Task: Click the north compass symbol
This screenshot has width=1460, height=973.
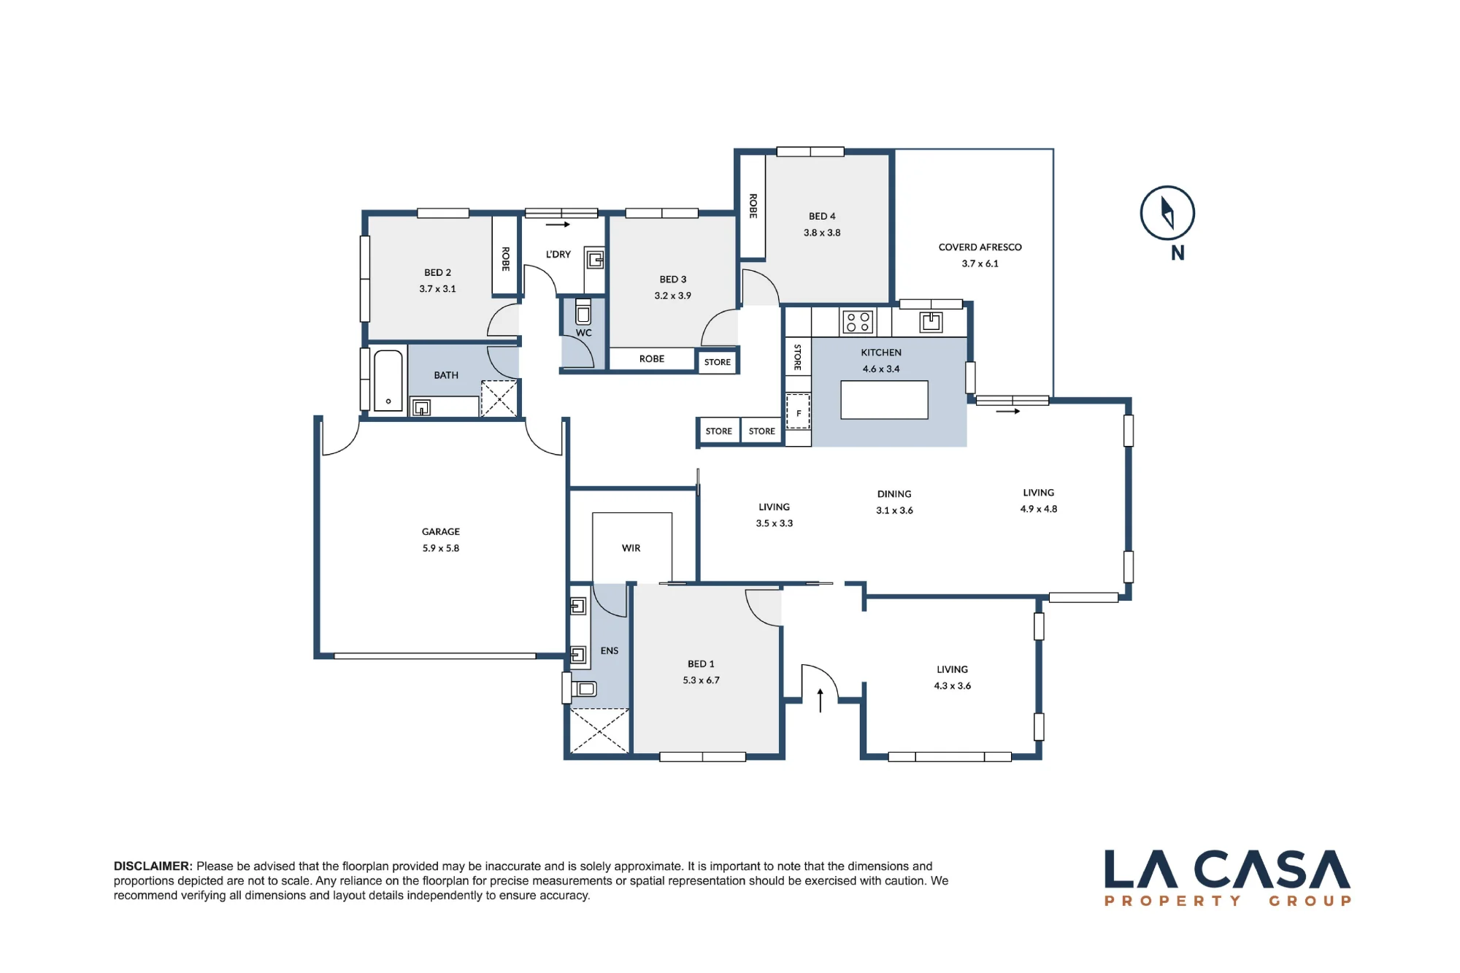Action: coord(1167,213)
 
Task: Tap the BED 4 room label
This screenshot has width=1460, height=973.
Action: coord(822,216)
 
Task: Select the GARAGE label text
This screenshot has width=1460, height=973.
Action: coord(441,531)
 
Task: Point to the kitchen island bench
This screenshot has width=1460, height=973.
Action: coord(884,399)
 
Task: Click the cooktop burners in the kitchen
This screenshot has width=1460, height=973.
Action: coord(858,322)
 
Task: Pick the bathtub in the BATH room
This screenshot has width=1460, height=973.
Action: coord(388,380)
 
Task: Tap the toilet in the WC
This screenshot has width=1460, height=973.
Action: coord(583,312)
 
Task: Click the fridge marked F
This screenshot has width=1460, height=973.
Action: coord(798,412)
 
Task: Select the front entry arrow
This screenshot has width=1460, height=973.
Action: coord(820,700)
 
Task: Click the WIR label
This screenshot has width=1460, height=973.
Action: coord(631,548)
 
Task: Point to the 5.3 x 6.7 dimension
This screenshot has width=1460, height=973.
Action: coord(701,680)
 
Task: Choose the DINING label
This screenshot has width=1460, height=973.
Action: coord(894,494)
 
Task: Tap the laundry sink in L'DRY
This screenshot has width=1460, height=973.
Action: coord(596,259)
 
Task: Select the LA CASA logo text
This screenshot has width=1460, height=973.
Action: coord(1227,869)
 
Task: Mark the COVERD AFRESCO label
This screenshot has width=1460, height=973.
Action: coord(980,247)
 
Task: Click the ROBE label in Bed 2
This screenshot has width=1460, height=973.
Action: coord(505,259)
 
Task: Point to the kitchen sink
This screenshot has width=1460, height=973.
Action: coord(931,321)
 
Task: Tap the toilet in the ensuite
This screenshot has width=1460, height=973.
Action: coord(584,688)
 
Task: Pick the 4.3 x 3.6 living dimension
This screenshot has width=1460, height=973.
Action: coord(952,686)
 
